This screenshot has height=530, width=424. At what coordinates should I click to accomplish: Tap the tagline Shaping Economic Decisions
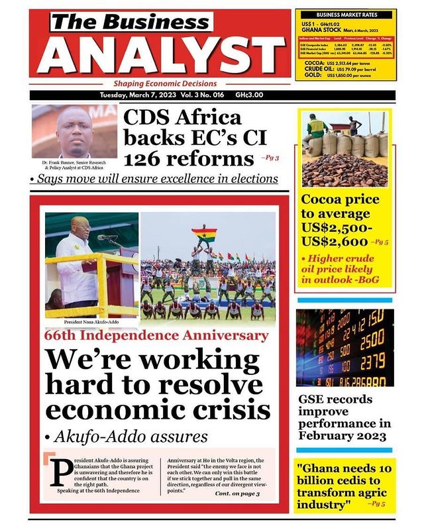165,84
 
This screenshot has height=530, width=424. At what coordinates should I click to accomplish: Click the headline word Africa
213,119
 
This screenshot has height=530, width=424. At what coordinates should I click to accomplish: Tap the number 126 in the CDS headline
146,160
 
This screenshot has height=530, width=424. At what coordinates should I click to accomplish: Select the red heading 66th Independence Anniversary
156,336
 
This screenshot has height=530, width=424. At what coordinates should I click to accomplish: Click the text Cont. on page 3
237,494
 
